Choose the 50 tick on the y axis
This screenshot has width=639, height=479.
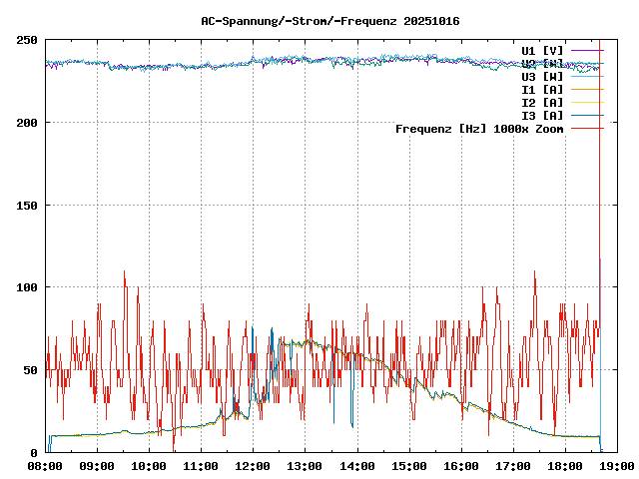(31, 370)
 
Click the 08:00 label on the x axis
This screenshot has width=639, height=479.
(45, 465)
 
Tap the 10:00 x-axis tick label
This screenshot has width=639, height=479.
(149, 465)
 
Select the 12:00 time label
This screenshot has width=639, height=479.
(253, 465)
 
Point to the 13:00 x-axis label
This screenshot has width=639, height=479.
(305, 465)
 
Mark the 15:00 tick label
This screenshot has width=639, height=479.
(408, 465)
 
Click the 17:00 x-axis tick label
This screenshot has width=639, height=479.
(512, 465)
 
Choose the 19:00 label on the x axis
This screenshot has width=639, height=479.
(616, 465)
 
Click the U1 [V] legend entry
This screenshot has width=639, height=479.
(542, 50)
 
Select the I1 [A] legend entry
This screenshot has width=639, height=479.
(542, 89)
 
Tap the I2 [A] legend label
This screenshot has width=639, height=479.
(542, 102)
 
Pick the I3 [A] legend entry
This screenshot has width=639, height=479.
(542, 115)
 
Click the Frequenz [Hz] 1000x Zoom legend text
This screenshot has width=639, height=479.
(479, 128)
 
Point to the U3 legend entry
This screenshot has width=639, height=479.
(542, 76)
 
